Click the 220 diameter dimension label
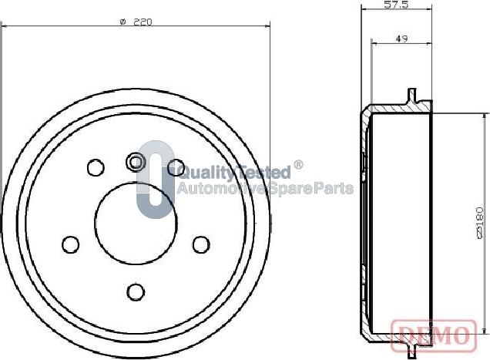(x=136, y=22)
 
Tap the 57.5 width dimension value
(x=396, y=5)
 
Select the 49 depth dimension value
(x=401, y=39)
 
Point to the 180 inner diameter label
(x=479, y=223)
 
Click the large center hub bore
(x=136, y=223)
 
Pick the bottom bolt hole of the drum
(x=136, y=292)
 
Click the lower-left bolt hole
(x=71, y=244)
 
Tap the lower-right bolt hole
(x=201, y=244)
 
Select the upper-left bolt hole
(x=96, y=167)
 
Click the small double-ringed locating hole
(x=136, y=162)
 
